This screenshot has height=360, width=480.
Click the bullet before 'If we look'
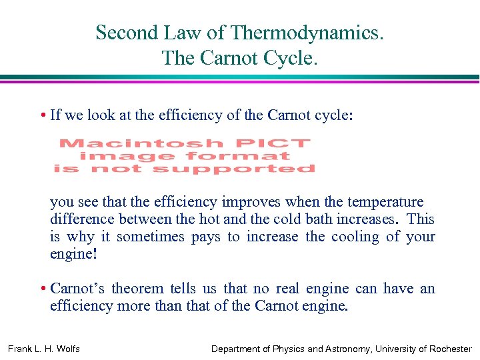42,115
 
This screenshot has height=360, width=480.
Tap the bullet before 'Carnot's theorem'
42,289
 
